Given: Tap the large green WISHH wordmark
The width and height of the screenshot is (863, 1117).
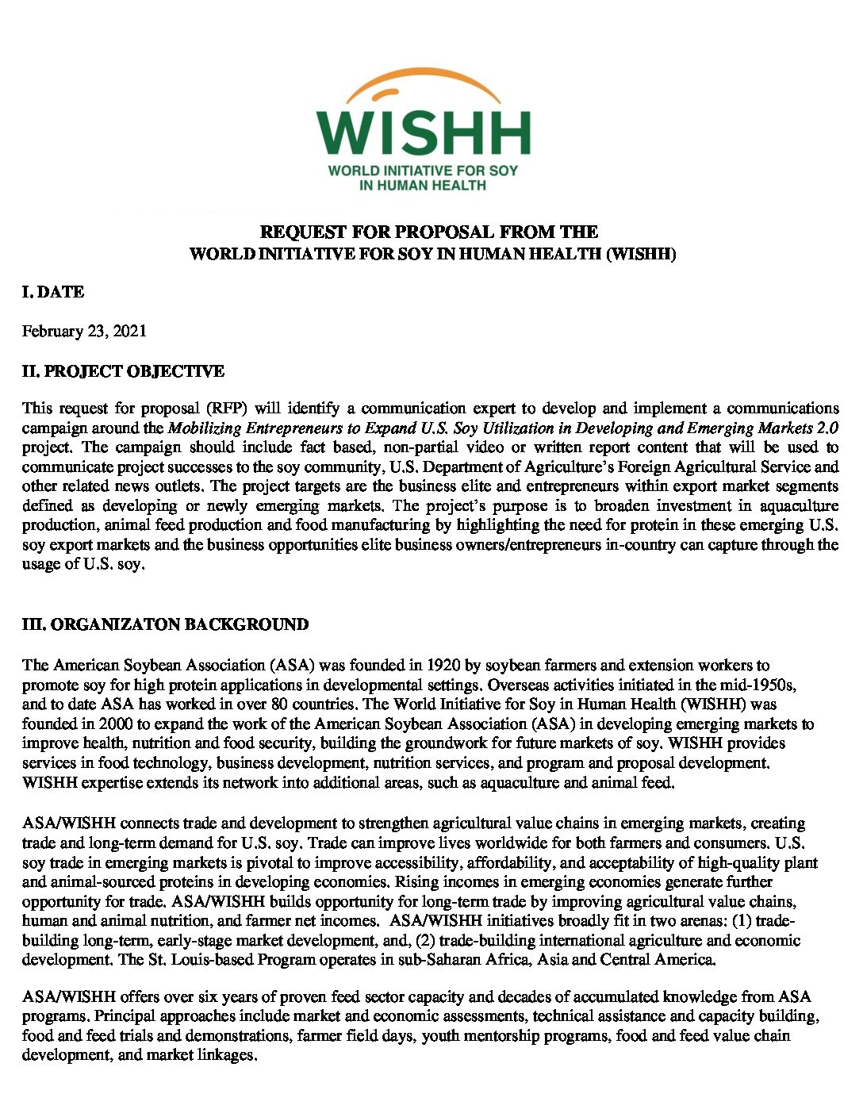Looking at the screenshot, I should pyautogui.click(x=424, y=132).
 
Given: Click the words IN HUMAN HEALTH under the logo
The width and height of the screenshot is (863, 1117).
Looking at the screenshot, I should pyautogui.click(x=423, y=186).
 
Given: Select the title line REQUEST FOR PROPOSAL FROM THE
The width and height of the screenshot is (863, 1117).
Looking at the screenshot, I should pyautogui.click(x=429, y=232).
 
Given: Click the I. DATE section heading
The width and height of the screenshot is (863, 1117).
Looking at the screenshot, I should pyautogui.click(x=52, y=292).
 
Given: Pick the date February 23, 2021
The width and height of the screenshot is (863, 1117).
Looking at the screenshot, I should pyautogui.click(x=84, y=331).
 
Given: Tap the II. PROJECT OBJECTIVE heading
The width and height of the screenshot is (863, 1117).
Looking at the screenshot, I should pyautogui.click(x=123, y=371).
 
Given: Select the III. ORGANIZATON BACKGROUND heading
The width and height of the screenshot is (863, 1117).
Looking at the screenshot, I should pyautogui.click(x=165, y=624).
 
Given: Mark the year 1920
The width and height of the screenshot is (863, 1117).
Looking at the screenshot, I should pyautogui.click(x=445, y=665).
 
